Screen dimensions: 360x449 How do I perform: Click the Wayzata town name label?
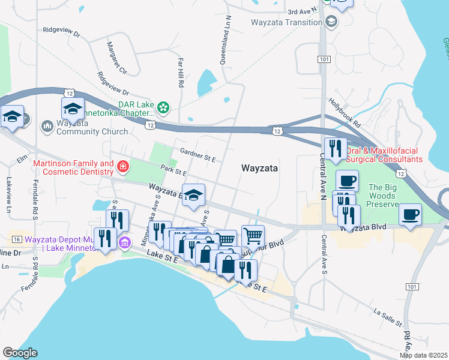[259, 169]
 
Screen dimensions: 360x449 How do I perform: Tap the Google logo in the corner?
[20, 353]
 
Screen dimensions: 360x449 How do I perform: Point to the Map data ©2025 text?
[423, 355]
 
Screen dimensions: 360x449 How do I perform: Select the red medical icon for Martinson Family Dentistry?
[123, 166]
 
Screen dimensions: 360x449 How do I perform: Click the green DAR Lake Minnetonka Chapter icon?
[163, 109]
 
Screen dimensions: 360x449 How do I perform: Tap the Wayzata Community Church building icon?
[47, 126]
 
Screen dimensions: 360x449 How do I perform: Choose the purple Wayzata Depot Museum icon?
[124, 242]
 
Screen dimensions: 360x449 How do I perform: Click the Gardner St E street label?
[196, 153]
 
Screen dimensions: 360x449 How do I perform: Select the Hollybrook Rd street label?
[344, 113]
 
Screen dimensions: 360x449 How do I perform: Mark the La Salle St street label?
[387, 318]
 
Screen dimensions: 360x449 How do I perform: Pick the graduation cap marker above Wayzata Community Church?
[72, 109]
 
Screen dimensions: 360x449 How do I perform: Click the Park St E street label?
[174, 172]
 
